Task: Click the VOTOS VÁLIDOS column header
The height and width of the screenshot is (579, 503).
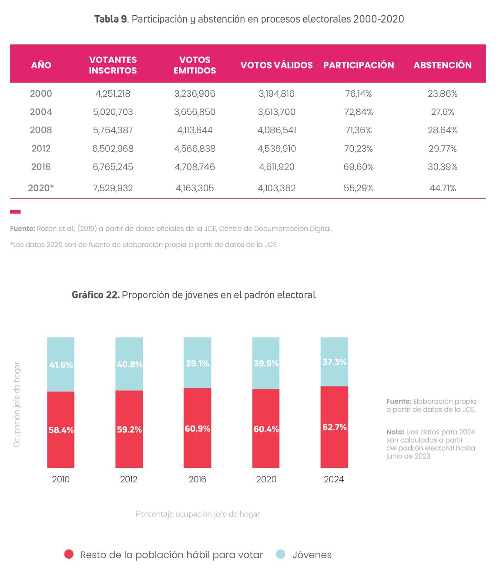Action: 276,65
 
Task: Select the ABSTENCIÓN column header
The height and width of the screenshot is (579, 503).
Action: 442,65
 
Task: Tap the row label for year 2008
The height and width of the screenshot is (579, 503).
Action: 41,130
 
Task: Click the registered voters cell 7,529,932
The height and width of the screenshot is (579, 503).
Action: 113,188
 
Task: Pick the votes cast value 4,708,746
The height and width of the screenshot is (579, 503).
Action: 194,167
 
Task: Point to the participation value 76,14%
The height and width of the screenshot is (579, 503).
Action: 358,94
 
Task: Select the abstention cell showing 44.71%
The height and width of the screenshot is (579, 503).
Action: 442,188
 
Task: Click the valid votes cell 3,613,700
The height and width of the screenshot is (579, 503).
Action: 276,112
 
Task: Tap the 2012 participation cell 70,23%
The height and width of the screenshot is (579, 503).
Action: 358,149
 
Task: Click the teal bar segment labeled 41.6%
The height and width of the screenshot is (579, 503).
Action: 60,364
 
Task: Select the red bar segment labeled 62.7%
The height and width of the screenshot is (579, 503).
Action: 334,427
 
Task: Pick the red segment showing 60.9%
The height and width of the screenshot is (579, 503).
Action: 197,428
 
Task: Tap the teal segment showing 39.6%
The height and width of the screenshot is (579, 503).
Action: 266,363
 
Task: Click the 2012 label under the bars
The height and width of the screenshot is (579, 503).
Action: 129,479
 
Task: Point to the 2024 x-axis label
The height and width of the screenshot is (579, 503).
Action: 334,479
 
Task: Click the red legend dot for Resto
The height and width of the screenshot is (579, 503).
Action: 69,554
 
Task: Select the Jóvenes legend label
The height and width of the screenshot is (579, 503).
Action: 312,555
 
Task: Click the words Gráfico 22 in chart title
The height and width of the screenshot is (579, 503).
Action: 95,295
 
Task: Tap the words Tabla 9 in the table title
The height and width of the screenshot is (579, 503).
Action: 111,19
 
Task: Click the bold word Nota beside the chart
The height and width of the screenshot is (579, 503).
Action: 395,432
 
